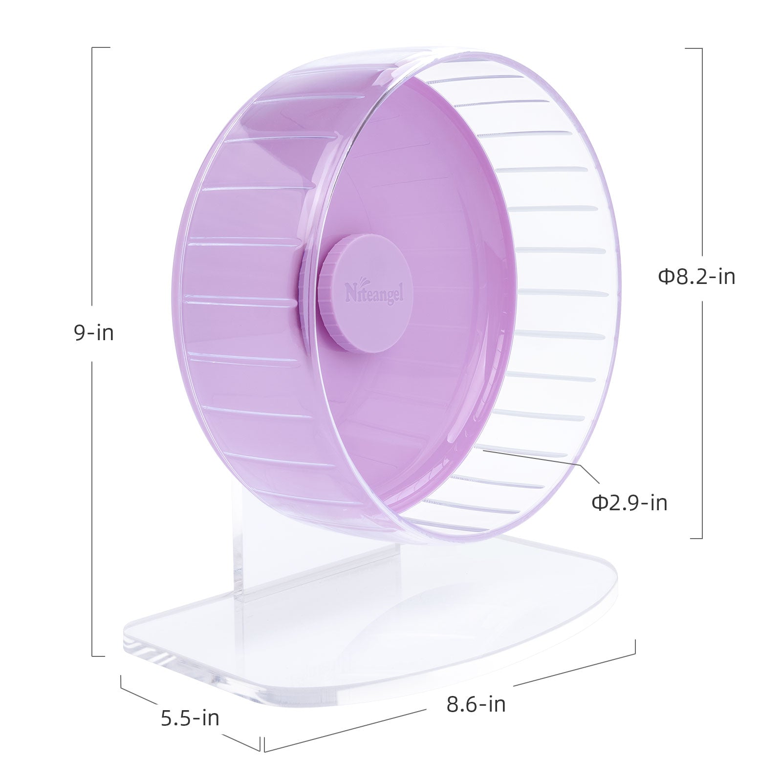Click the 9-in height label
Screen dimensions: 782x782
[94, 333]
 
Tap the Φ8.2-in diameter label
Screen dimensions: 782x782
[696, 277]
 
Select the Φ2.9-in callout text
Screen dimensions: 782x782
[630, 503]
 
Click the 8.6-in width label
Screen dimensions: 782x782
[476, 704]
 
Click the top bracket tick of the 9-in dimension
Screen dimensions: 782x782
[101, 48]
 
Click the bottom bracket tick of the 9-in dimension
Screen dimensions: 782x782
[99, 656]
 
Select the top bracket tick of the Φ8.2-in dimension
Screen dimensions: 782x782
[694, 48]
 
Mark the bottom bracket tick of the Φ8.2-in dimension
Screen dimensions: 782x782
[696, 538]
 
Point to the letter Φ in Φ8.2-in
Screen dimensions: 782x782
[666, 277]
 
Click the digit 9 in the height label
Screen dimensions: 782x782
[79, 333]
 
